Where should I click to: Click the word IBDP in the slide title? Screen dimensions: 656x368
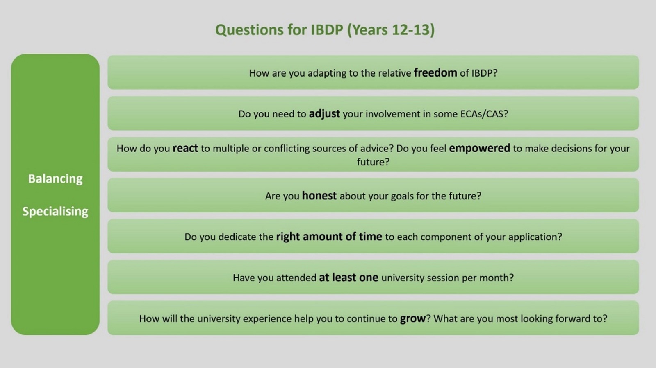(326, 30)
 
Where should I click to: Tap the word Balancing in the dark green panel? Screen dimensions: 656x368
(55, 179)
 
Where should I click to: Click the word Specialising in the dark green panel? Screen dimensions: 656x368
(55, 211)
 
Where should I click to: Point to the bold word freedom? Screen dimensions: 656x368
(435, 73)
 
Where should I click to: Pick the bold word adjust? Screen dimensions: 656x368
(324, 114)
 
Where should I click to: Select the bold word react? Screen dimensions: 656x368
(185, 149)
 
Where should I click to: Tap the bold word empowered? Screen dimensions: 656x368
(479, 149)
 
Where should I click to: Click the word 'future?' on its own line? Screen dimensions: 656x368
(373, 162)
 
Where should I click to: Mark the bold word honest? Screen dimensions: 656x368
(319, 196)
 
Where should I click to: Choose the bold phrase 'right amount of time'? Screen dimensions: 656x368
(329, 237)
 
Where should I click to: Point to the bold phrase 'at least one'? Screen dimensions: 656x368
(348, 278)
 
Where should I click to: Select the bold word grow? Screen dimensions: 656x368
(412, 318)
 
